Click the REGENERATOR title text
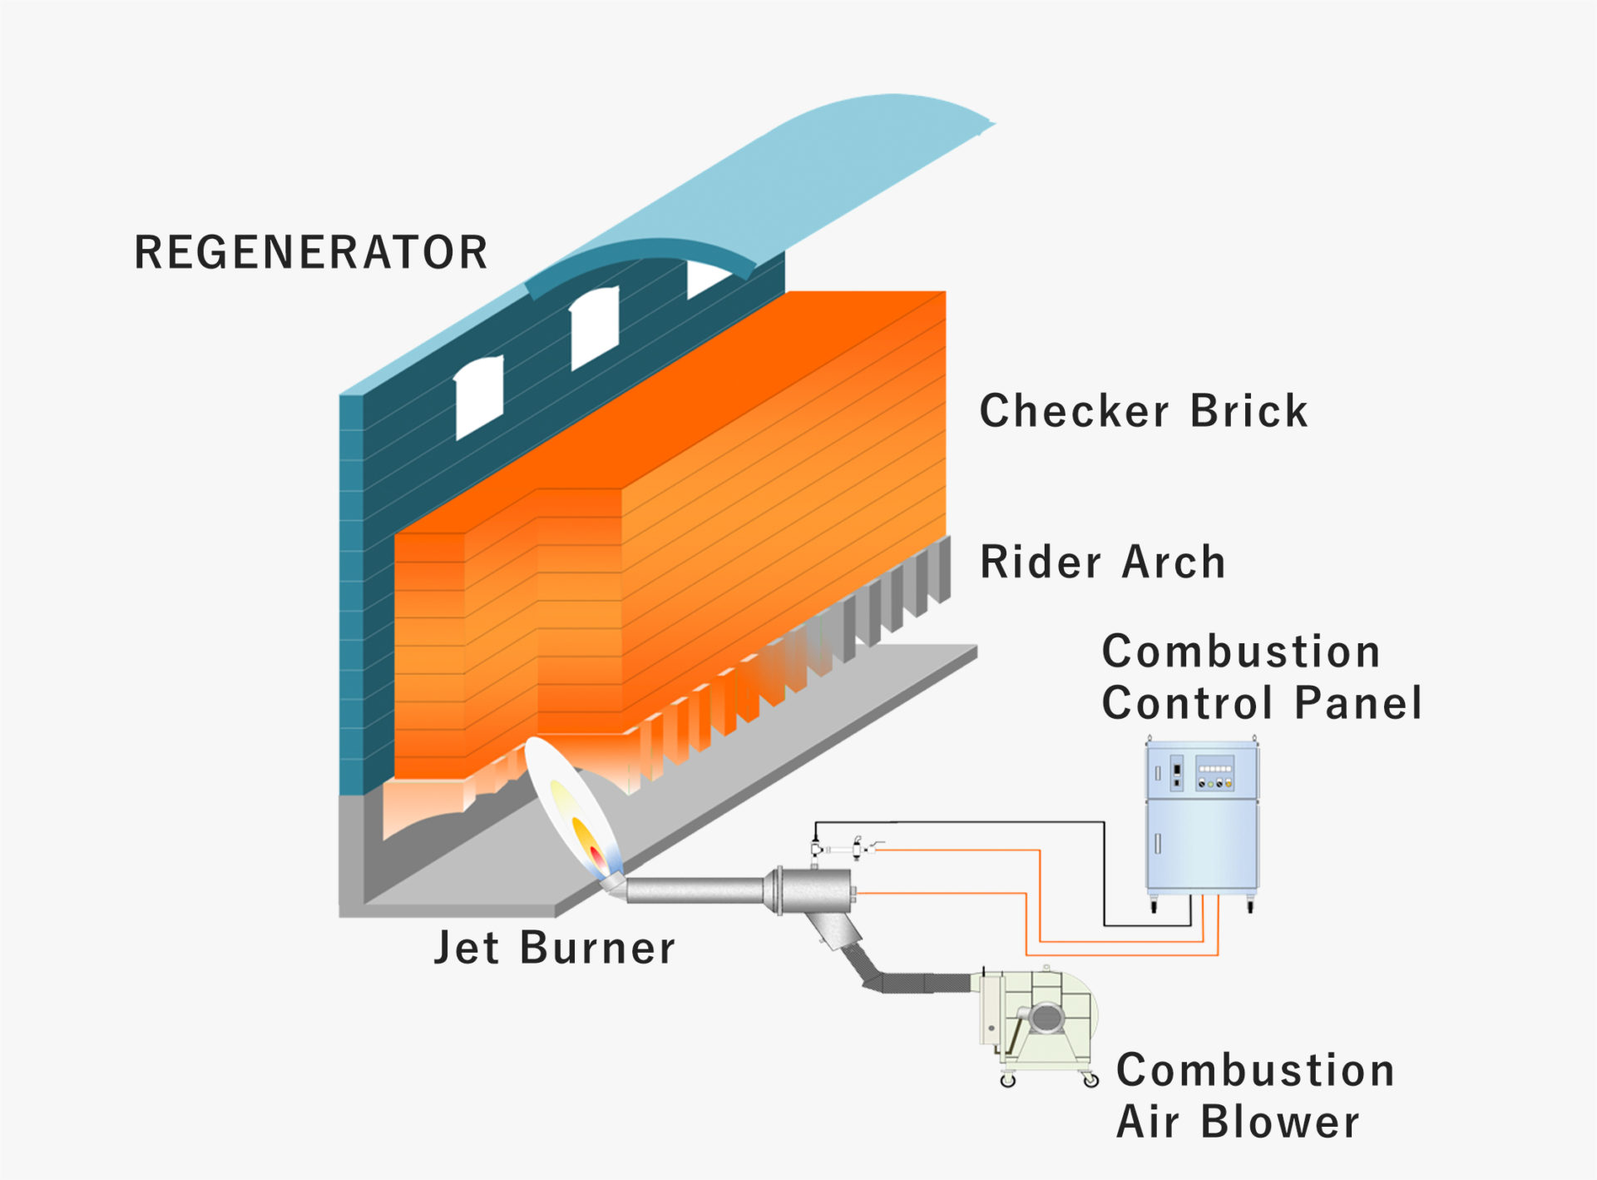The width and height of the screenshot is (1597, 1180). pos(311,253)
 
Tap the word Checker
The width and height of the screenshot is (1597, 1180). pos(1075,411)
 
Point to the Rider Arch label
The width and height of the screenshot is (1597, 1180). pos(1103,562)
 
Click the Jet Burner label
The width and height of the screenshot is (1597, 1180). pos(555,948)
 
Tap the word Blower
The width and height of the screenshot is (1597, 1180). pos(1280,1122)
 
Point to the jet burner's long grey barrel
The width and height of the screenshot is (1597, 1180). pos(695,890)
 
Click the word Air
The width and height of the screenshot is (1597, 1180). pos(1148,1122)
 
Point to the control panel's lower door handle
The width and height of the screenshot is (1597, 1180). pos(1158,844)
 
